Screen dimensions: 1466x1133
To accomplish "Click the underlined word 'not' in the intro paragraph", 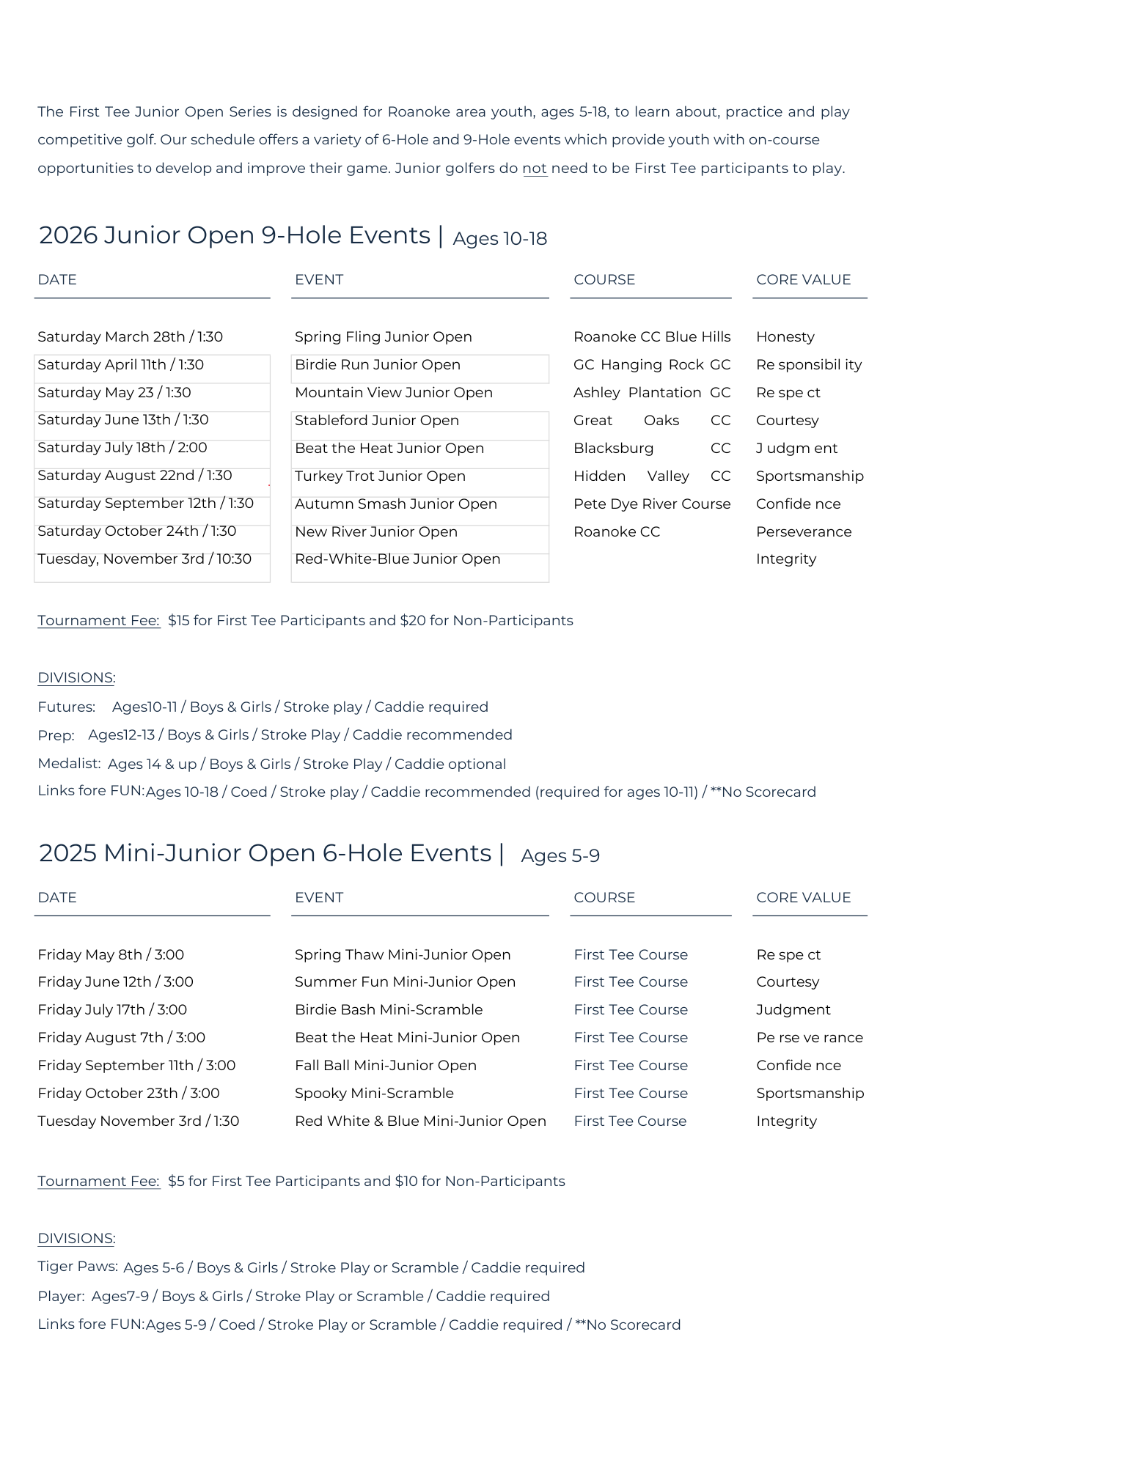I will coord(535,169).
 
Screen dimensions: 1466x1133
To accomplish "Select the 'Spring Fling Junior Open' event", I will coord(383,337).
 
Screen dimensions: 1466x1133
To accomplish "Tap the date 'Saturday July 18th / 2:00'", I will coord(122,448).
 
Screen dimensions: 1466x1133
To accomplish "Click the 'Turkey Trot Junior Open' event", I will coord(380,476).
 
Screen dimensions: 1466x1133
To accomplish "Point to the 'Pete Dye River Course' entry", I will coord(652,504).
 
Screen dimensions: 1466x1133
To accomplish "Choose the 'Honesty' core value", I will coord(785,337).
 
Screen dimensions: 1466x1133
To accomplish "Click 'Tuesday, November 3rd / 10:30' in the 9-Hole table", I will coord(144,559).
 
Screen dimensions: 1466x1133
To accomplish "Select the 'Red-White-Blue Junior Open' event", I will coord(397,559).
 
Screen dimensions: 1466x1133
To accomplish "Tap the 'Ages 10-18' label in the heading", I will coord(499,239).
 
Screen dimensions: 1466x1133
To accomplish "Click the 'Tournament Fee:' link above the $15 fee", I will coord(99,621).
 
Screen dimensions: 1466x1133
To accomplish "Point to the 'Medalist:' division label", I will coord(69,764).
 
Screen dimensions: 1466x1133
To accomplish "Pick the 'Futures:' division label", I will coord(67,707).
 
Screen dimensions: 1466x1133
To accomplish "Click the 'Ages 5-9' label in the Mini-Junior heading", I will coord(560,856).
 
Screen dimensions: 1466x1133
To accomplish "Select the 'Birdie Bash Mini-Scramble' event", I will coord(389,1010).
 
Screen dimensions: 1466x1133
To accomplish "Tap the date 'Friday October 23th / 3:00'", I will coord(128,1094).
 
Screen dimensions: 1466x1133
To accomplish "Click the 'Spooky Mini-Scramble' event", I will coord(374,1094).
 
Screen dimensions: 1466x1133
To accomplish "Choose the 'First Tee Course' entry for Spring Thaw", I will coord(631,955).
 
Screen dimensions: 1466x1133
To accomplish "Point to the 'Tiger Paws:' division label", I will coord(78,1267).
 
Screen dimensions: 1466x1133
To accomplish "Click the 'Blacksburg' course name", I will coord(613,449).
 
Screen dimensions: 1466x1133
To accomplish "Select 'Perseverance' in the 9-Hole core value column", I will coord(804,532).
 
